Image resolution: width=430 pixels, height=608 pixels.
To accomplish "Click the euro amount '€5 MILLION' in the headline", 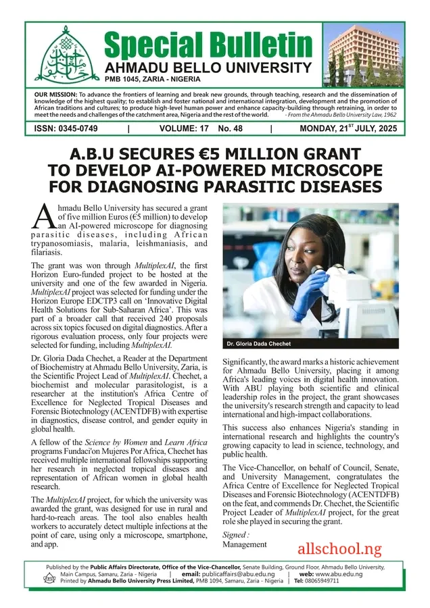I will [x=252, y=153].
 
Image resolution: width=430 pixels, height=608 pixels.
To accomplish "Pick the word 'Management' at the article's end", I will [x=245, y=544].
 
